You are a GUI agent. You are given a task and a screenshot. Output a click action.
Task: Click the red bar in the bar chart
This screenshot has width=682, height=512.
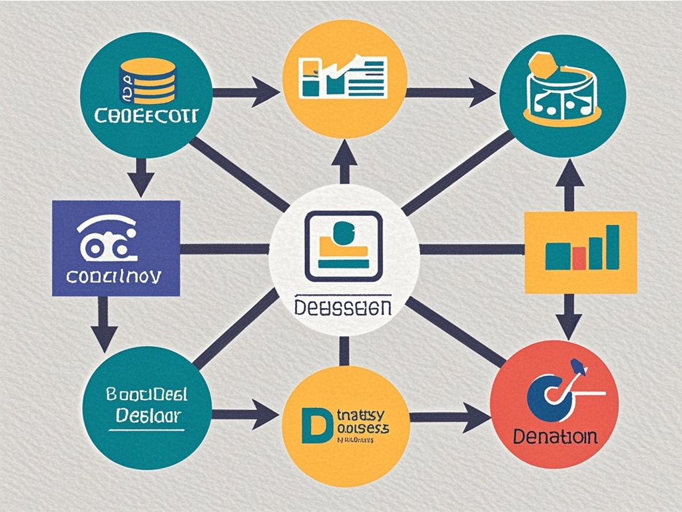578,257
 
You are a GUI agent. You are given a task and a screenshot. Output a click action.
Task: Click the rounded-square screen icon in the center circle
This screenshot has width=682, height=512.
344,245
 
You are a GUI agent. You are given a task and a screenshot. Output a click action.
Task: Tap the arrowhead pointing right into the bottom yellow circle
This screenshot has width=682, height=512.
265,415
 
